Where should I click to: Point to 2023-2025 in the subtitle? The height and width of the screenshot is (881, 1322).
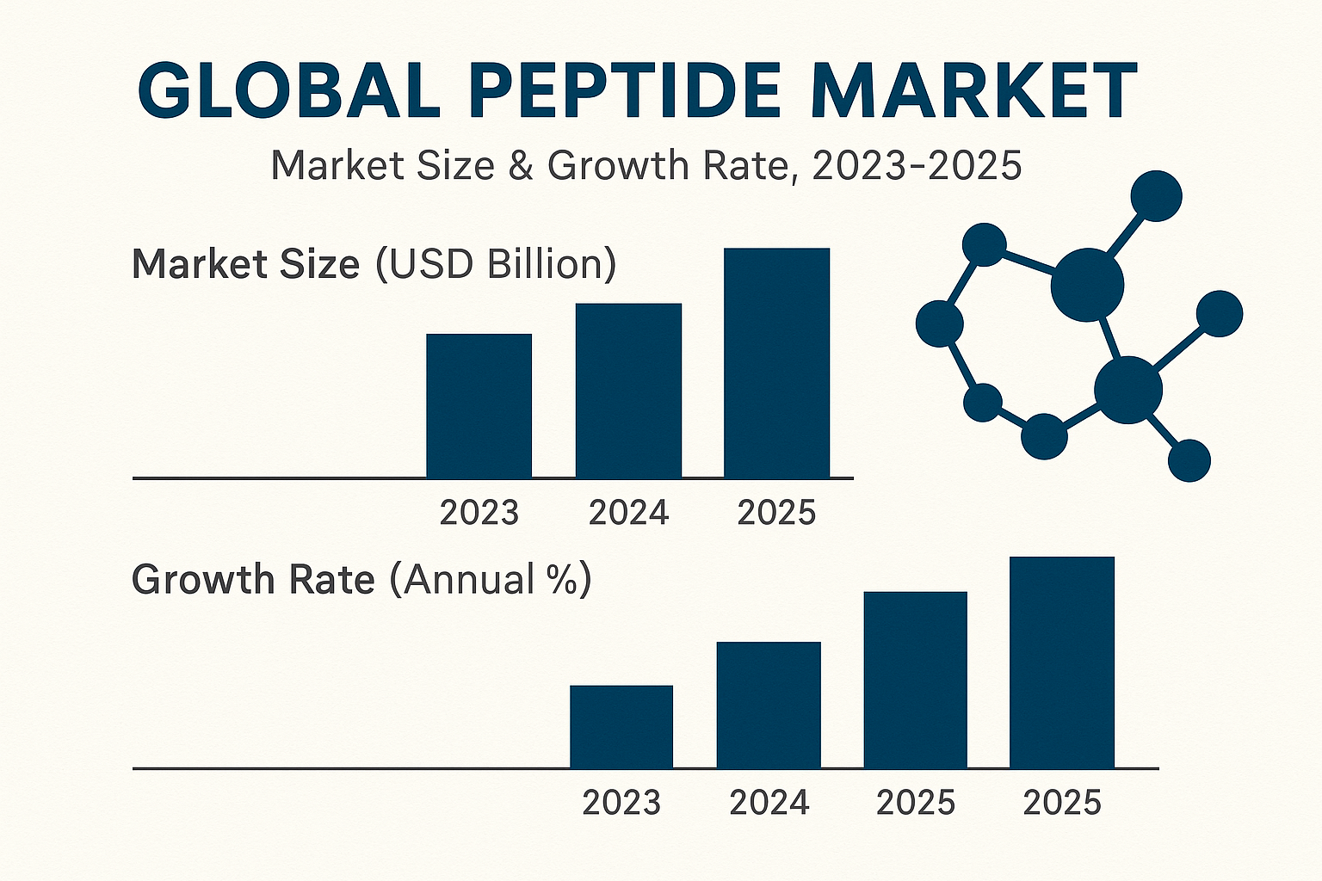click(917, 165)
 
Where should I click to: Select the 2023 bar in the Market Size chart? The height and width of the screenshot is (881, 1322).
click(479, 405)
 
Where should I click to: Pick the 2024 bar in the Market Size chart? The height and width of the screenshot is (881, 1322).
click(628, 391)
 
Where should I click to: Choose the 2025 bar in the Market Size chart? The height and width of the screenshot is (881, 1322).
click(777, 362)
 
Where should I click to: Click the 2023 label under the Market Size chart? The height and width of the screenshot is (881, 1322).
click(479, 513)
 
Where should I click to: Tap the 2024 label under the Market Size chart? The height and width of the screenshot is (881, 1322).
click(628, 513)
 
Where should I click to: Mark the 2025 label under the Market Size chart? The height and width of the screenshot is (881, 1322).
click(777, 513)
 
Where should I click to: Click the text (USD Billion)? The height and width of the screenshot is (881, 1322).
click(496, 264)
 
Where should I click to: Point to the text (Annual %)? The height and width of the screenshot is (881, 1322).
click(491, 580)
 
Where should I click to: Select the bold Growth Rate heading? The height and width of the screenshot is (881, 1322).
click(253, 580)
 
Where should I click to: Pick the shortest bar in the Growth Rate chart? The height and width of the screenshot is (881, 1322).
click(621, 726)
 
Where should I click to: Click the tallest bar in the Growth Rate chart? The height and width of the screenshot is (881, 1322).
click(1062, 662)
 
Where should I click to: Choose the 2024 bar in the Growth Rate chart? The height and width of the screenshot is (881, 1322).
click(769, 705)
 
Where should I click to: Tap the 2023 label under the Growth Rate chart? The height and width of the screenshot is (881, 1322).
click(621, 803)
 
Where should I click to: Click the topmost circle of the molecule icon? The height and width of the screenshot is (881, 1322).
click(1156, 196)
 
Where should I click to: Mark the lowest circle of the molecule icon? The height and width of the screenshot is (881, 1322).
click(1189, 460)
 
